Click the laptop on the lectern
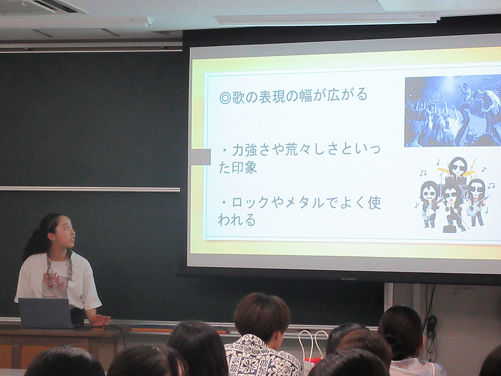(46, 313)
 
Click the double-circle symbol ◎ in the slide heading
(225, 98)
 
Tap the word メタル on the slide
(304, 203)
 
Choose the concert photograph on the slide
(453, 111)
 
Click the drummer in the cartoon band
(457, 168)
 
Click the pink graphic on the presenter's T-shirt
(55, 284)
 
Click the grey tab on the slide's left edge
(200, 157)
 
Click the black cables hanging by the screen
(431, 323)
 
